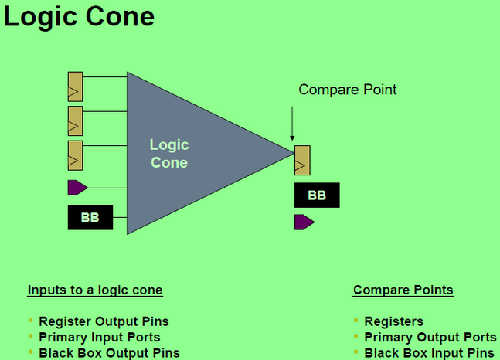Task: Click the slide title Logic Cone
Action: click(79, 17)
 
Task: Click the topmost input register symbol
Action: click(75, 87)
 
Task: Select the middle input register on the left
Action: click(75, 121)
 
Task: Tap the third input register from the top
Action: click(75, 155)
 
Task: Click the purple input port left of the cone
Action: click(77, 187)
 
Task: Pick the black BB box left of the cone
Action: click(90, 218)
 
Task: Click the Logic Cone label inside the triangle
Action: click(169, 153)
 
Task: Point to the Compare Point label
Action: click(348, 90)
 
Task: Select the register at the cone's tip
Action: click(302, 161)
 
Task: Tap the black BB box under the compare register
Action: click(317, 195)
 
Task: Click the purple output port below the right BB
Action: click(304, 222)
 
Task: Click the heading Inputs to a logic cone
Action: click(95, 290)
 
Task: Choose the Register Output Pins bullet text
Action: click(104, 321)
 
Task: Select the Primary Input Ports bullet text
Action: click(100, 337)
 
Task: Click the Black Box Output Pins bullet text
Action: click(109, 352)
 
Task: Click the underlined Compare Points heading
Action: click(403, 290)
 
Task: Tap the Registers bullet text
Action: click(394, 321)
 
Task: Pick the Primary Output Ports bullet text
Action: click(430, 337)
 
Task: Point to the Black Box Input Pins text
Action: click(429, 352)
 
